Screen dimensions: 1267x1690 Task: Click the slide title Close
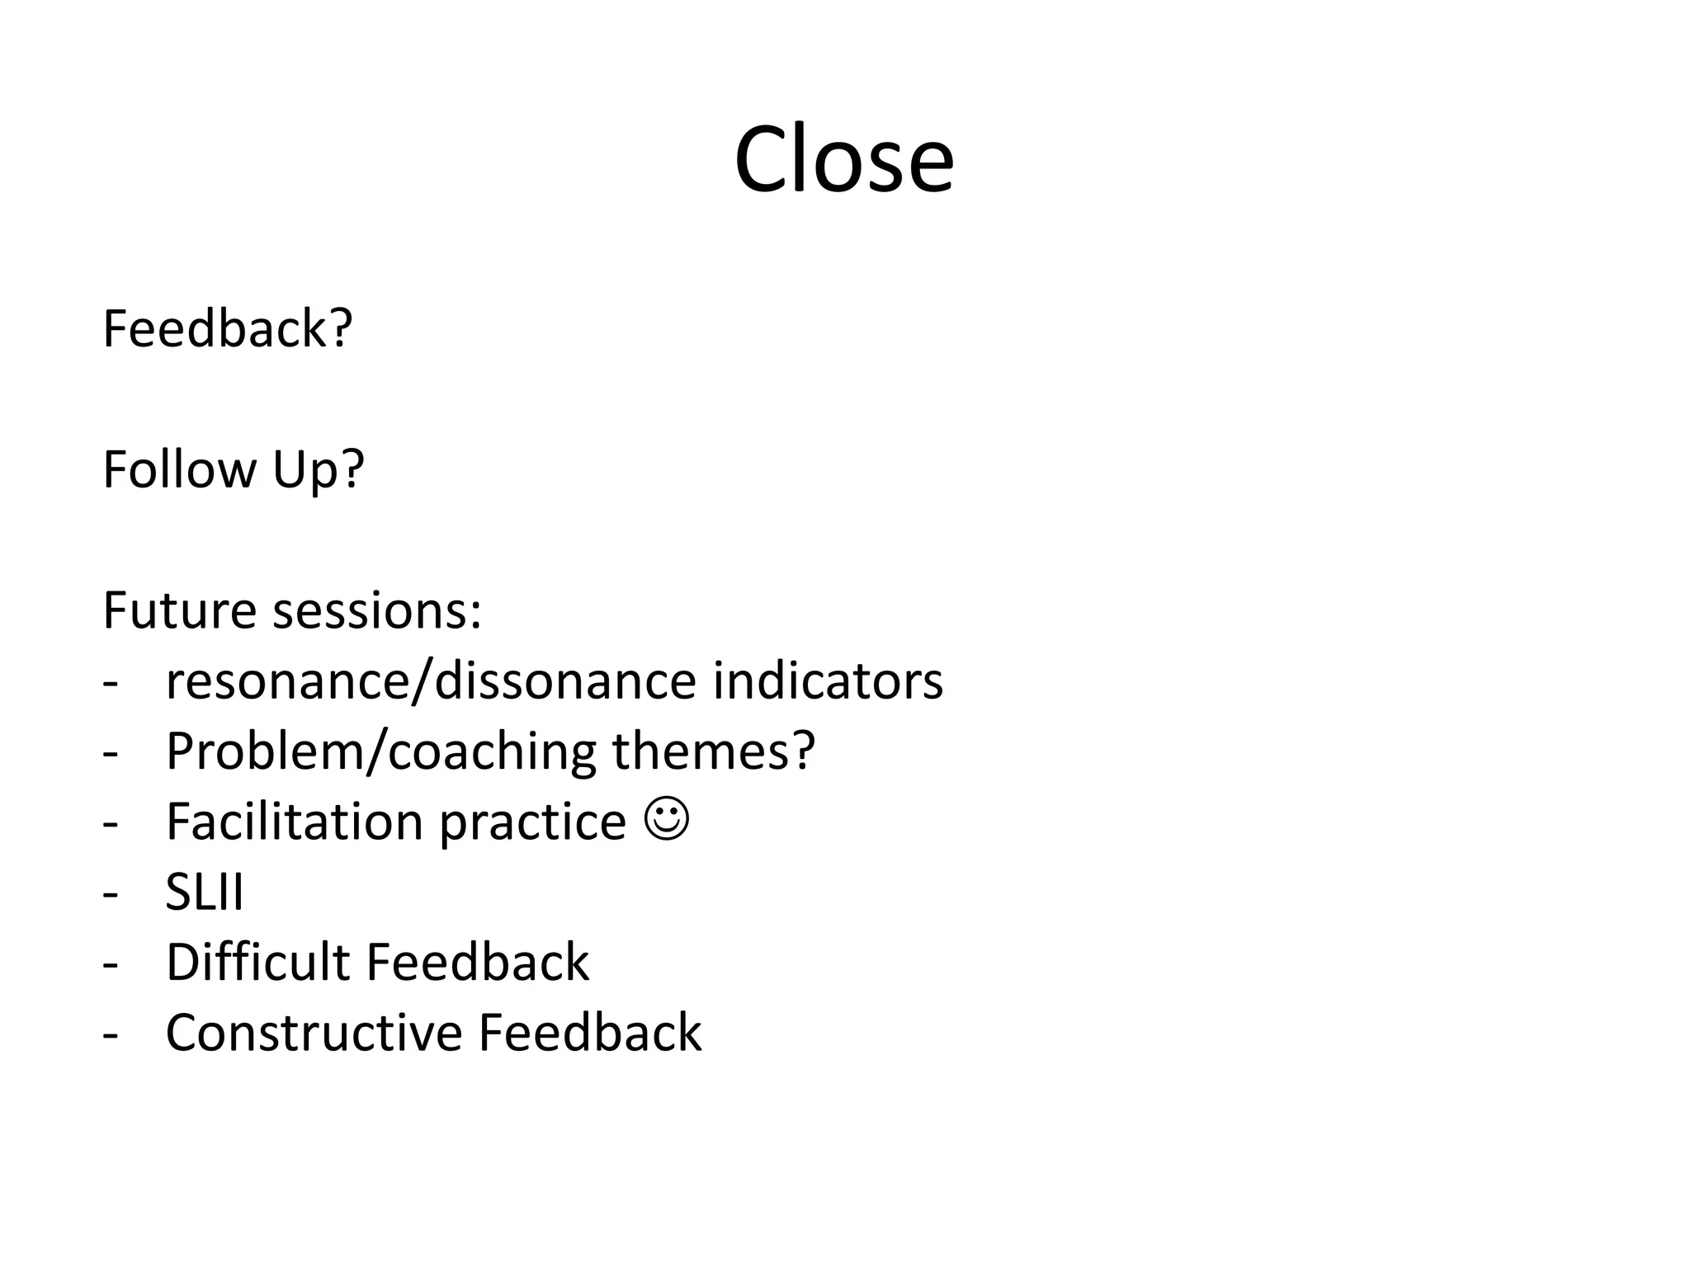[x=843, y=159]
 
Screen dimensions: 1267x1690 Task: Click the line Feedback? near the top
[x=228, y=328]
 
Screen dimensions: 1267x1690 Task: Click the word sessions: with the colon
[x=377, y=610]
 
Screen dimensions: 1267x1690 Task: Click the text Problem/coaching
[x=380, y=751]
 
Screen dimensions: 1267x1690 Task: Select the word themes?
[x=713, y=751]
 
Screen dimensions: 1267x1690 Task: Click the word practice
[x=533, y=823]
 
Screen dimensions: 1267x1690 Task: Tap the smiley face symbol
[x=666, y=820]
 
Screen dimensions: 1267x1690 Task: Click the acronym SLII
[x=205, y=892]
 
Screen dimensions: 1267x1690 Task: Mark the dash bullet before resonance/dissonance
[x=111, y=683]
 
